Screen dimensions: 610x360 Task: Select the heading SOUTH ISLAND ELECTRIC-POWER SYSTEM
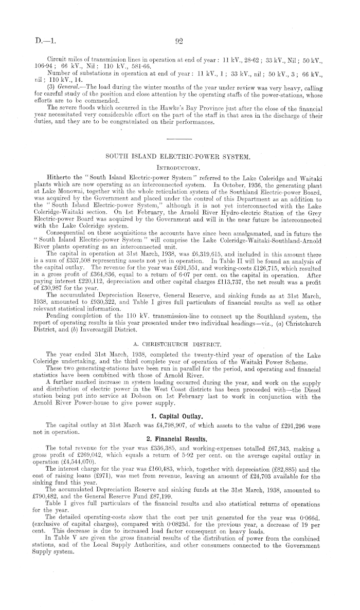click(x=179, y=155)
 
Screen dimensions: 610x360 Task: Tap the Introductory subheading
click(x=179, y=167)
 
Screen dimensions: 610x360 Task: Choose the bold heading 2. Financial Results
click(x=179, y=439)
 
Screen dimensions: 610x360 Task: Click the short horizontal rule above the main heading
click(x=179, y=139)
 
